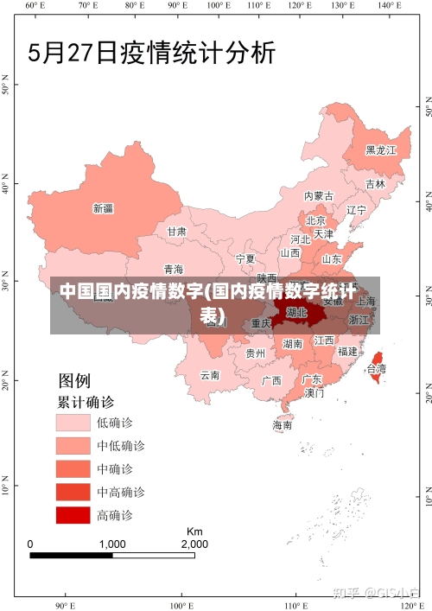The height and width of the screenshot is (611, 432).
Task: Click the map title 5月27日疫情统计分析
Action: coord(152,54)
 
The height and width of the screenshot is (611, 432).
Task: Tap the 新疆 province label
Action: coord(103,207)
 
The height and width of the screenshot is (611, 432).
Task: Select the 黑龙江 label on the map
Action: coord(380,150)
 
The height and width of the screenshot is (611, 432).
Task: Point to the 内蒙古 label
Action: coord(319,196)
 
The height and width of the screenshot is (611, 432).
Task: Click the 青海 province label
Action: coord(173,269)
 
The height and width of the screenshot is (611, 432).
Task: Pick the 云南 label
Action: coord(210,375)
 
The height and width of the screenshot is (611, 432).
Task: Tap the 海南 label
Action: coord(283,424)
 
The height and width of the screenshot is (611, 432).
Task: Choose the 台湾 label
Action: coord(377,368)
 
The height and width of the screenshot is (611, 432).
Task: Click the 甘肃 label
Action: coord(176,232)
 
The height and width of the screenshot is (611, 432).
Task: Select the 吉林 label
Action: coord(374,184)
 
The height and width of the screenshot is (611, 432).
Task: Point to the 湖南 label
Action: coord(293,343)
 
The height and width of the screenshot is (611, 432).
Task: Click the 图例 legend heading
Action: coord(74,380)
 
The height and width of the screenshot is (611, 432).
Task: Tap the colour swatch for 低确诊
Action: coord(73,423)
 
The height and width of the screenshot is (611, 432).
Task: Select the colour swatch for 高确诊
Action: coord(73,515)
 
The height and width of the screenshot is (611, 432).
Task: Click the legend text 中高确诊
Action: coord(120,492)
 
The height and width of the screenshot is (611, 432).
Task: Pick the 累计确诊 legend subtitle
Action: coord(86,402)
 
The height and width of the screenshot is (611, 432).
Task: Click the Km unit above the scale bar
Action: coord(194,531)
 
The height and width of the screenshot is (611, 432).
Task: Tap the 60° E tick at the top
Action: coord(35,5)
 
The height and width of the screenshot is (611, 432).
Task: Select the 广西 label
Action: coord(271,380)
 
